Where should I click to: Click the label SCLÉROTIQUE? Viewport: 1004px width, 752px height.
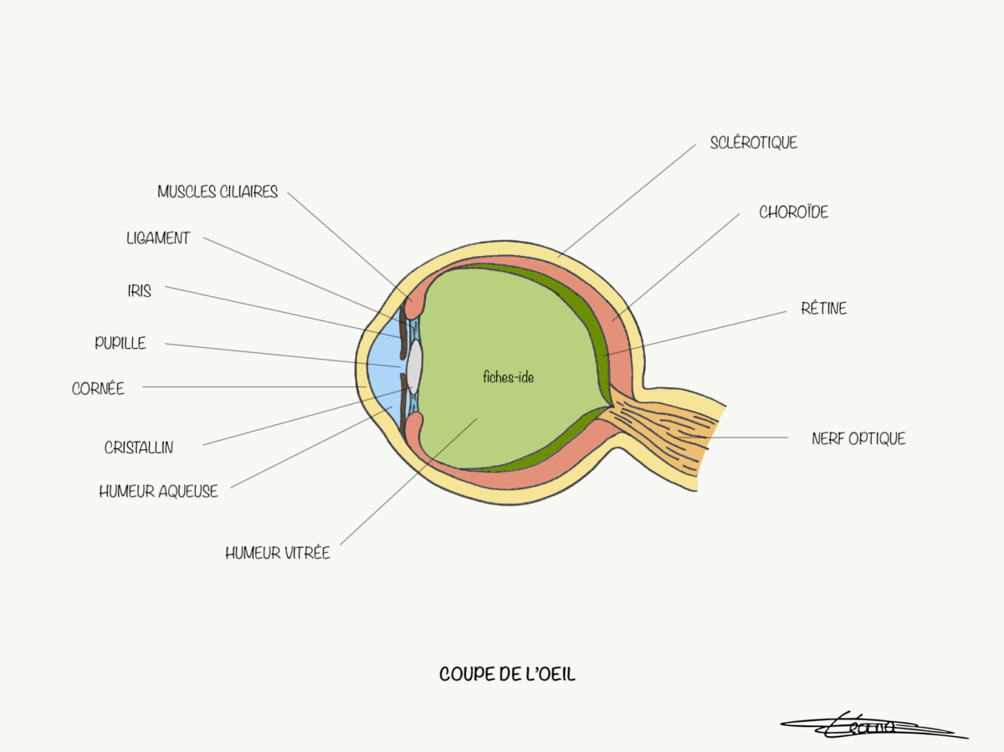(753, 143)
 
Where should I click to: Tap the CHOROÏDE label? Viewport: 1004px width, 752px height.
(793, 212)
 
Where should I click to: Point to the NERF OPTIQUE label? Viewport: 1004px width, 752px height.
(858, 438)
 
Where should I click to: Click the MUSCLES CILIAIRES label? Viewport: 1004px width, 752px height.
(218, 192)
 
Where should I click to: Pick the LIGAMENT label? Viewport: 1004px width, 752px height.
(158, 238)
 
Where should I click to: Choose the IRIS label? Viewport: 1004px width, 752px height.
(140, 291)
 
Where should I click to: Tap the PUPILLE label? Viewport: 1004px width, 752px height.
(120, 343)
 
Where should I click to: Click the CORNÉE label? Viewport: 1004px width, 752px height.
(98, 388)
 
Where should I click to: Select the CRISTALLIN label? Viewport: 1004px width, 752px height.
(139, 448)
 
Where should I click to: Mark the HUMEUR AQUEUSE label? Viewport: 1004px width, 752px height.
(158, 492)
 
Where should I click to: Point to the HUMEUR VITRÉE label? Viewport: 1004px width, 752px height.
(277, 553)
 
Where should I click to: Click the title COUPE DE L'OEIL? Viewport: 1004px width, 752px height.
(507, 674)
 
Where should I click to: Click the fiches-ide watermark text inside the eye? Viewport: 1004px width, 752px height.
(508, 377)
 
